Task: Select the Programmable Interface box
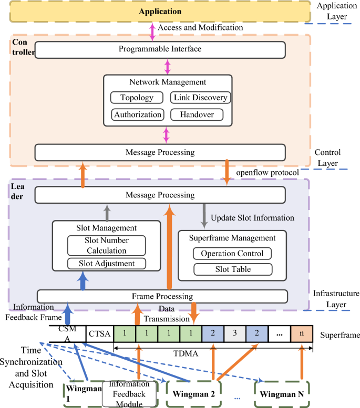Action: point(160,49)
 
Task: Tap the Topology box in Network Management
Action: point(137,98)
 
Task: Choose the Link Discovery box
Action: point(200,98)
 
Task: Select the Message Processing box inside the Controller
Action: point(160,152)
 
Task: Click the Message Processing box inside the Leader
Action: point(160,195)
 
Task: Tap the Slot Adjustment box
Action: point(107,264)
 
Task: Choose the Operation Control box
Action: point(232,254)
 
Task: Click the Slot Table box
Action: point(232,269)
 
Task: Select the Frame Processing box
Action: point(162,296)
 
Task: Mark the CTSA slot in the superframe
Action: point(99,333)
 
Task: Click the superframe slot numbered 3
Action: point(235,333)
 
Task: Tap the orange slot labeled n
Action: point(302,333)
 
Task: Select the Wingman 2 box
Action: point(194,393)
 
